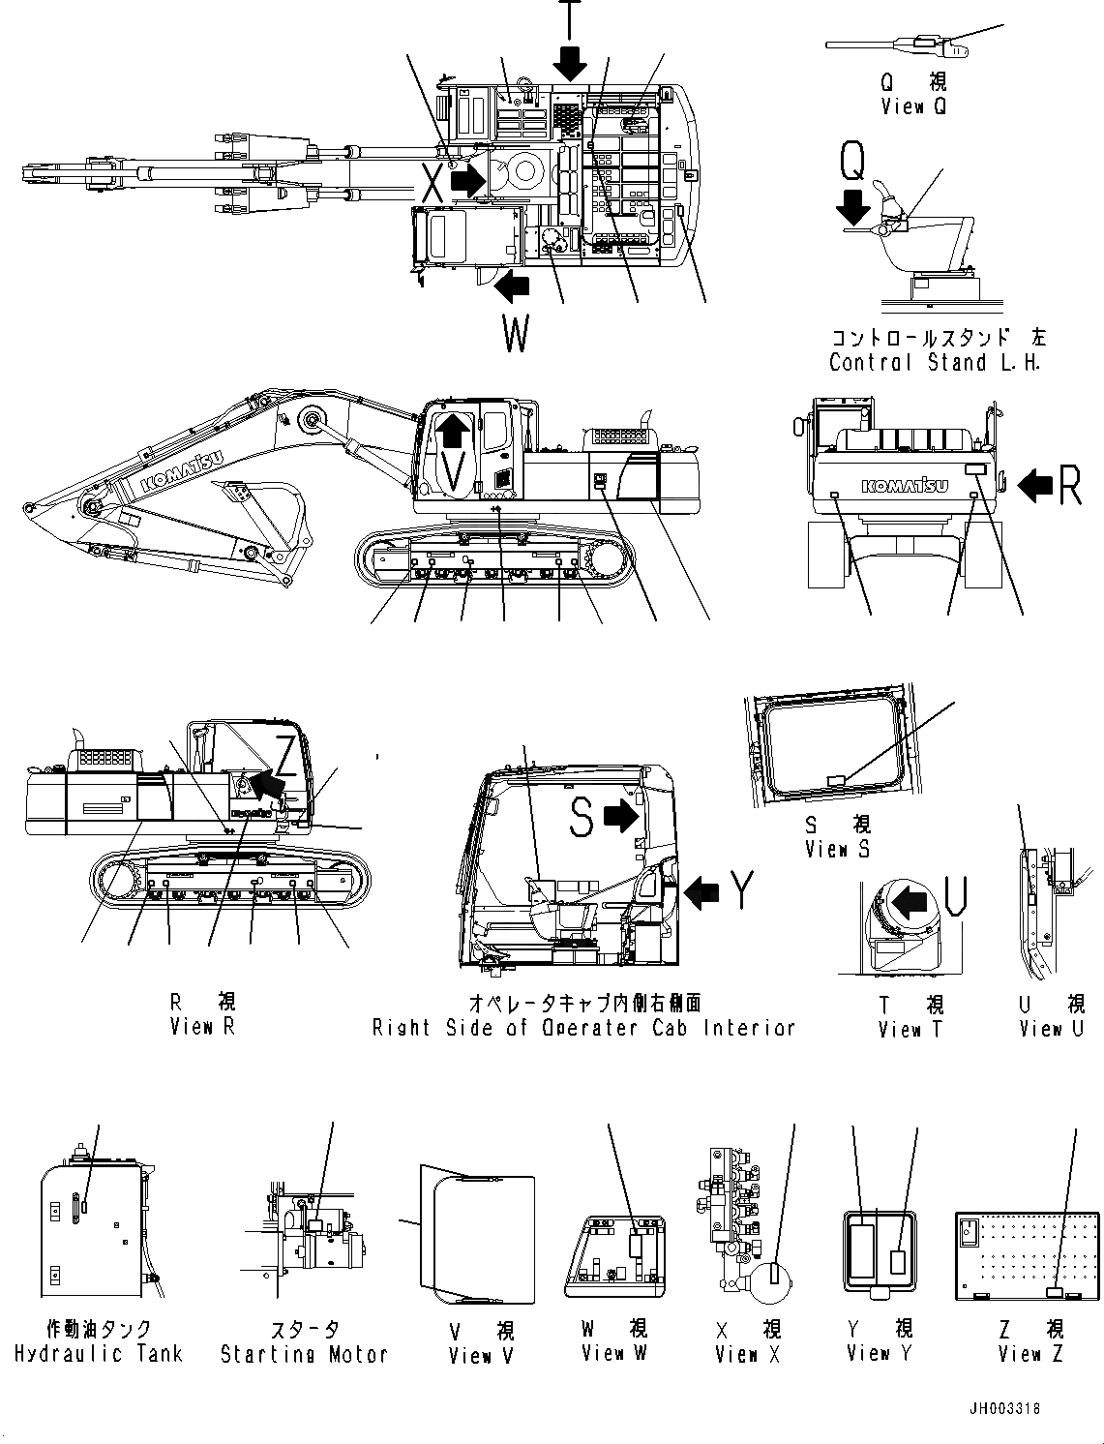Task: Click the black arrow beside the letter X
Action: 469,180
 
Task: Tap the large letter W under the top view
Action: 516,335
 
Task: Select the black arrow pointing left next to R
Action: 1035,484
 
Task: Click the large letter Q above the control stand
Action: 852,162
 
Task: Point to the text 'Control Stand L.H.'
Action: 936,363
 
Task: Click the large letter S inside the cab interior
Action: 581,818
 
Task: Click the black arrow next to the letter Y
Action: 701,891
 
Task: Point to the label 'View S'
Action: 837,849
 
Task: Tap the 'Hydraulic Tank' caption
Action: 99,1354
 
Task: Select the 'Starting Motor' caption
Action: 304,1354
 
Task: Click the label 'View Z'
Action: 1031,1354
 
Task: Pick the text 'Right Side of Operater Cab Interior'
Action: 583,1028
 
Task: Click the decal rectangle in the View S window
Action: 838,778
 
